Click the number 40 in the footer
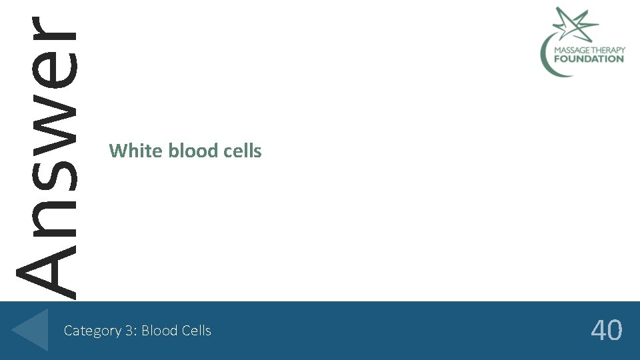(x=607, y=331)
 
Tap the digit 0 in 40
(x=615, y=331)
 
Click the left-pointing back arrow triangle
(x=31, y=329)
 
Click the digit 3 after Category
(x=131, y=331)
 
